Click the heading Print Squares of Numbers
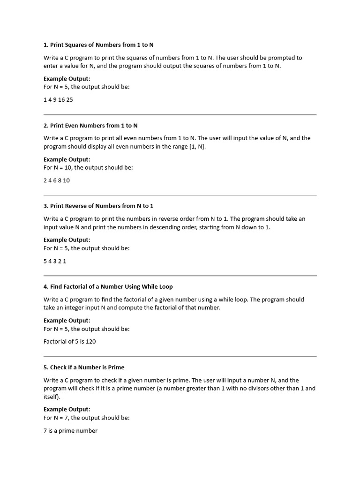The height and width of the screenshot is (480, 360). (98, 45)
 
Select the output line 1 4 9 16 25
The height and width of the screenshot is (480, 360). (58, 100)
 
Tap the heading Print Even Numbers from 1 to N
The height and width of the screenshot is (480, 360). (90, 126)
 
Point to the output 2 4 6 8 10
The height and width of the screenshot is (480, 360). (57, 180)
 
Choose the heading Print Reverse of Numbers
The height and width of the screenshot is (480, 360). (98, 206)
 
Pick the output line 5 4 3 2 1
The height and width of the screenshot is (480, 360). (55, 261)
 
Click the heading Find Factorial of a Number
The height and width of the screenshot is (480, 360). (108, 286)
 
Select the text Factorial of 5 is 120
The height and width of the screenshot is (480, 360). (69, 342)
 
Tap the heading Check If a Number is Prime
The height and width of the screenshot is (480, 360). (84, 367)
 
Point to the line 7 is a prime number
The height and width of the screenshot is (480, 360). (70, 431)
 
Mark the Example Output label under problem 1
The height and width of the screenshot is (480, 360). (67, 79)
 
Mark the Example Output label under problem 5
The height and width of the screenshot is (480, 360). (67, 409)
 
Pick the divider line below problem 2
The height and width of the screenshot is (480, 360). (180, 195)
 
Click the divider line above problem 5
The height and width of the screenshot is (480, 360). (180, 356)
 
